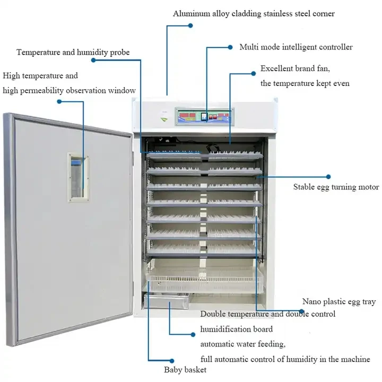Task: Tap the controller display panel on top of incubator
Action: pyautogui.click(x=204, y=116)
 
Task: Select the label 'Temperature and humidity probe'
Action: pyautogui.click(x=73, y=53)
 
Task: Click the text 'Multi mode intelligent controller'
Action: pyautogui.click(x=296, y=47)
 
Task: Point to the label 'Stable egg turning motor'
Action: pyautogui.click(x=336, y=187)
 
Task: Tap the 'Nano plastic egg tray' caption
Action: pyautogui.click(x=338, y=301)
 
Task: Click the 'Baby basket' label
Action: pyautogui.click(x=185, y=369)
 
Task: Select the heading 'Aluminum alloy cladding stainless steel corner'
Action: pyautogui.click(x=254, y=14)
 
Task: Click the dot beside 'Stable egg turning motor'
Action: pyautogui.click(x=328, y=176)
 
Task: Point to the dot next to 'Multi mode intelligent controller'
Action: pyautogui.click(x=230, y=47)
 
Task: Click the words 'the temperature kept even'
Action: pyautogui.click(x=305, y=83)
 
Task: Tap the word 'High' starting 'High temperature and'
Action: pyautogui.click(x=11, y=76)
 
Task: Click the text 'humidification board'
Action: pyautogui.click(x=237, y=329)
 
